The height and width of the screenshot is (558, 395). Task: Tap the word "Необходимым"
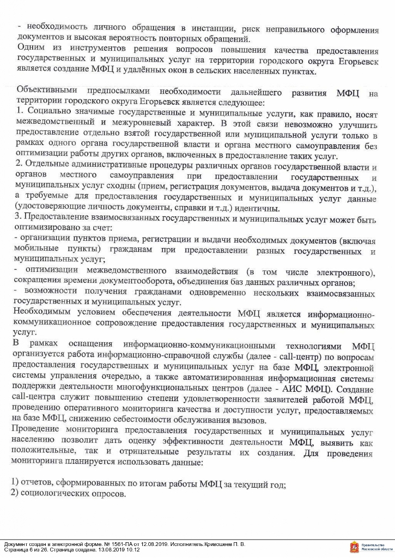(x=42, y=313)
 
